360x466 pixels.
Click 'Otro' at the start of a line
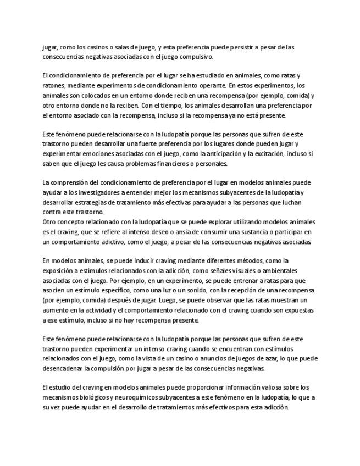pyautogui.click(x=49, y=222)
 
